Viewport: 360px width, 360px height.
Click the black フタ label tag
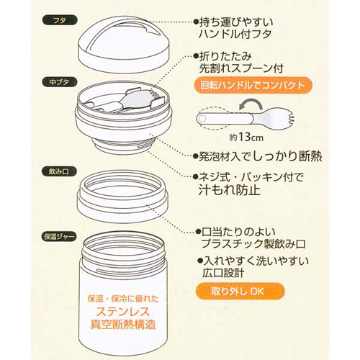tap(60, 20)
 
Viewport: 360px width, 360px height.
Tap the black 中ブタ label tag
tap(60, 82)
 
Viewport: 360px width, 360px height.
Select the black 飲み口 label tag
tap(60, 171)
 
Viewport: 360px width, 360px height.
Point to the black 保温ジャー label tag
tap(60, 237)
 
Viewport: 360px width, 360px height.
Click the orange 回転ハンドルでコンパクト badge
tap(253, 85)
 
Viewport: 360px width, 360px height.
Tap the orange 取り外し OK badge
tap(240, 291)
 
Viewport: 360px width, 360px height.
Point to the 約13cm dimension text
tap(246, 138)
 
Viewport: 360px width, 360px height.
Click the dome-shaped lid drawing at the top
tap(124, 45)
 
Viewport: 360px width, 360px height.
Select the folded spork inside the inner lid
tap(125, 102)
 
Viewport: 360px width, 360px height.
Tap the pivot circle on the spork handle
tap(202, 118)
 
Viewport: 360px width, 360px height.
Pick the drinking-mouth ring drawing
tap(123, 197)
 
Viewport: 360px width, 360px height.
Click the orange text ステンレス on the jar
tap(123, 312)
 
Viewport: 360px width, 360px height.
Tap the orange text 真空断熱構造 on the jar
tap(123, 325)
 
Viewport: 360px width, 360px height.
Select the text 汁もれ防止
tap(230, 190)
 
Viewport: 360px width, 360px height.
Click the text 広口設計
tap(223, 273)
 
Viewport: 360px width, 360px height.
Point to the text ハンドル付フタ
tap(235, 34)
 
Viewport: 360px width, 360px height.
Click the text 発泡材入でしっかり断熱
tap(260, 156)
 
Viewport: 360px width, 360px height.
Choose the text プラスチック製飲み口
tap(253, 244)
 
